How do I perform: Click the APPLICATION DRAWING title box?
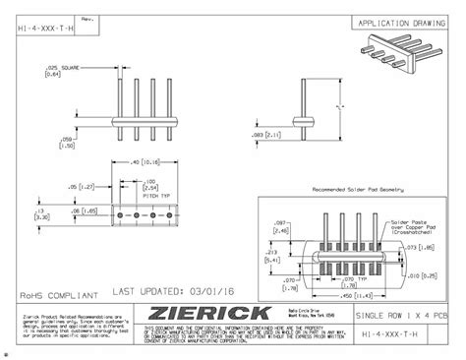coord(404,22)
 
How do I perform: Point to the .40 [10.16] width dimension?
coord(146,161)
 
